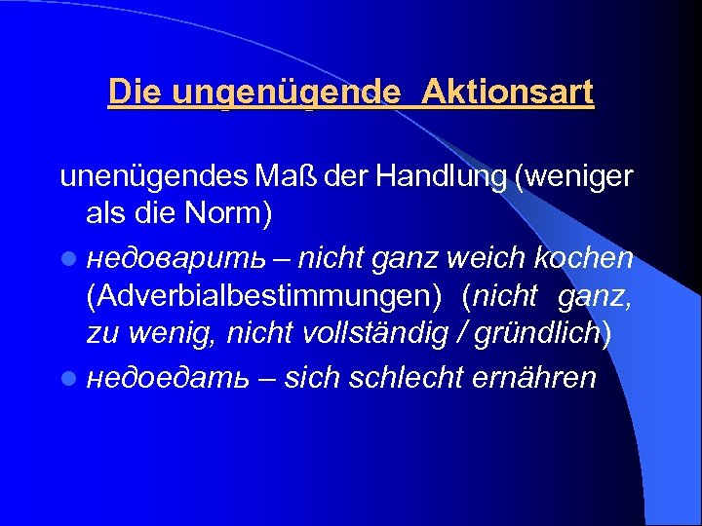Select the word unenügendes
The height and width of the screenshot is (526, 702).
coord(154,178)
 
